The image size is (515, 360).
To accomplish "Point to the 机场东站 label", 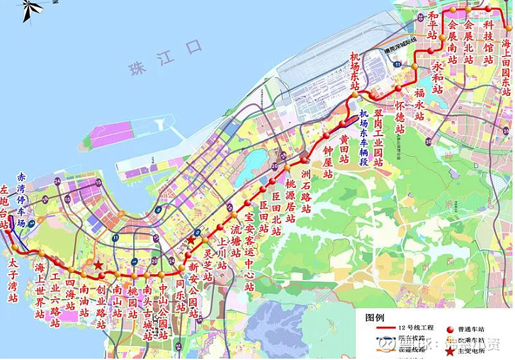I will click(355, 71).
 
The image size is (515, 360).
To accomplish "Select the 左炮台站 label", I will click(5, 206).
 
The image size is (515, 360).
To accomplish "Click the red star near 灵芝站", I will click(191, 240).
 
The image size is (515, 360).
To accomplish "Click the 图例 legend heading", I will click(374, 318).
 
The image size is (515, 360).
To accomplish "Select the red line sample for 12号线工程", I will click(380, 330).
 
